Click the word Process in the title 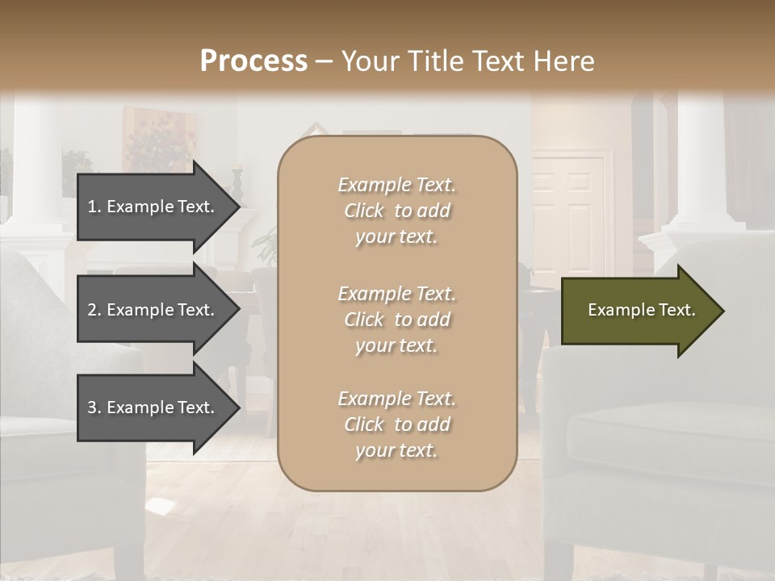(253, 61)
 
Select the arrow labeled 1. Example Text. (153, 207)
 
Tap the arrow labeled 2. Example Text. (153, 310)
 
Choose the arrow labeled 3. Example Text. (153, 408)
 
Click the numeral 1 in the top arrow (92, 207)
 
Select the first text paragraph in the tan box (396, 211)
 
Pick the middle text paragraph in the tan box (396, 320)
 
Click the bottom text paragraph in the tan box (396, 424)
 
